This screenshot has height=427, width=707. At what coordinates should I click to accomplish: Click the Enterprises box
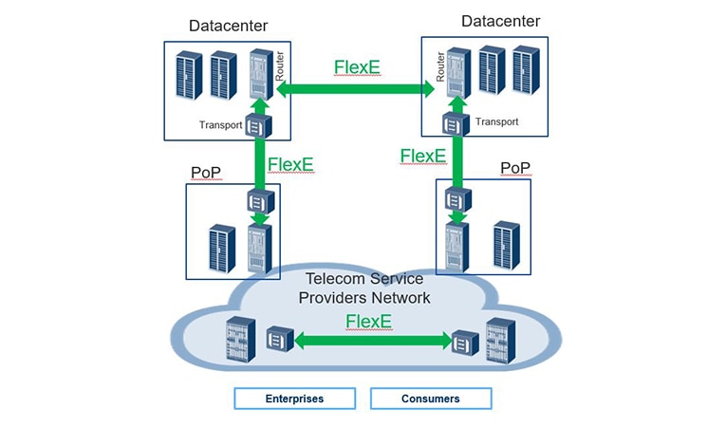[x=294, y=399]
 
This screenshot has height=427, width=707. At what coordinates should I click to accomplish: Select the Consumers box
[x=431, y=399]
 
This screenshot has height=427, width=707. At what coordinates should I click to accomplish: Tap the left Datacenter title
[x=228, y=25]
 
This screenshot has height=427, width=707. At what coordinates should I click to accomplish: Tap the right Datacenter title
[x=500, y=21]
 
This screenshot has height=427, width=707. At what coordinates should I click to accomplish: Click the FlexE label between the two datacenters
[x=357, y=68]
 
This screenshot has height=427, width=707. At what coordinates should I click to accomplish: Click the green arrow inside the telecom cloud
[x=370, y=341]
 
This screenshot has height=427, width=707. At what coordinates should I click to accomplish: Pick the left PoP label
[x=206, y=172]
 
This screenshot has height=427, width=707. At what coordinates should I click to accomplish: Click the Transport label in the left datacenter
[x=221, y=124]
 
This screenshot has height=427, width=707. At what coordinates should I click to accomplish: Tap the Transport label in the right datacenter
[x=496, y=121]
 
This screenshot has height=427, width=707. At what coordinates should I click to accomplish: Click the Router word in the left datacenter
[x=279, y=62]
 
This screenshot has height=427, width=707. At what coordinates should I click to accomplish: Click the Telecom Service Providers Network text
[x=364, y=288]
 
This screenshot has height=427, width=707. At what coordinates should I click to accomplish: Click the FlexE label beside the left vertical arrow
[x=290, y=164]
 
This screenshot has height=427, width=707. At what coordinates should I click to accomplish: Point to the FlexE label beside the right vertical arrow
[x=423, y=156]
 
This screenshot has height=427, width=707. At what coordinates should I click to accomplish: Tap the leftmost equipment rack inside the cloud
[x=239, y=342]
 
